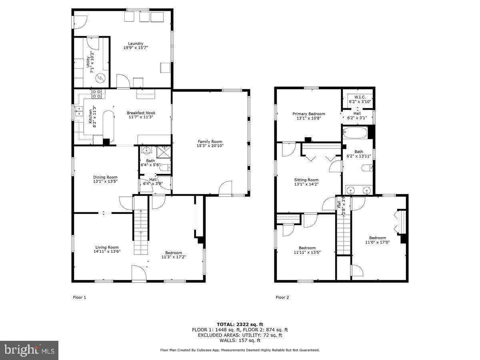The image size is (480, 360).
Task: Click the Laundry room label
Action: (136, 44)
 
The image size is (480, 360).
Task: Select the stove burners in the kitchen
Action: (96, 94)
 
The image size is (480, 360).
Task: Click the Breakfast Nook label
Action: (141, 113)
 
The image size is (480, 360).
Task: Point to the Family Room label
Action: (210, 142)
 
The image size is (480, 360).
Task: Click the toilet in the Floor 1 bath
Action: (165, 168)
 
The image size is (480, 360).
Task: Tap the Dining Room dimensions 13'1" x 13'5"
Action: (106, 181)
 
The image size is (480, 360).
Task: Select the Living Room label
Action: (107, 247)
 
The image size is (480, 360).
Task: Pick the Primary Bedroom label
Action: (309, 114)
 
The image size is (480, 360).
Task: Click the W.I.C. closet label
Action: (360, 97)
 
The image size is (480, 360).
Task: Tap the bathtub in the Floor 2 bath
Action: (355, 133)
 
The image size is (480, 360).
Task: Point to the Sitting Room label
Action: (306, 180)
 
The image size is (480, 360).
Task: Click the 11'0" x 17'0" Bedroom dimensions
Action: (378, 242)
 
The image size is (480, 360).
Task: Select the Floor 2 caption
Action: (282, 297)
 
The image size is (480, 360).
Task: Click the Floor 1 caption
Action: (79, 297)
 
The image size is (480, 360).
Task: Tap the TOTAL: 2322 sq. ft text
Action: (240, 324)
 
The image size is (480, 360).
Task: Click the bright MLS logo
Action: (29, 350)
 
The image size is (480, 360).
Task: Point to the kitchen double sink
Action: (78, 111)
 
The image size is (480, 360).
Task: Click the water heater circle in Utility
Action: (100, 78)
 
